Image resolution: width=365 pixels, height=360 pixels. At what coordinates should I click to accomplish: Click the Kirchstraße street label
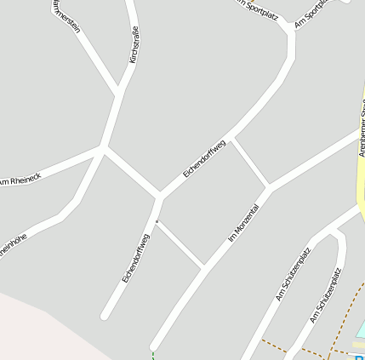coord(134,45)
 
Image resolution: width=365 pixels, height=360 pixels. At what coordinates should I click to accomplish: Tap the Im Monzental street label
coord(243,224)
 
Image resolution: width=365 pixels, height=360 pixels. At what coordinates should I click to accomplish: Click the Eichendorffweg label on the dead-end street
coord(135,258)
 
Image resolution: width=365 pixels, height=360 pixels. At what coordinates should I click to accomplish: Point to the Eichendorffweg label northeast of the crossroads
coord(204,159)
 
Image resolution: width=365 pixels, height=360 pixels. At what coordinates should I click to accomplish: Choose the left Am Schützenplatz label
coord(294,274)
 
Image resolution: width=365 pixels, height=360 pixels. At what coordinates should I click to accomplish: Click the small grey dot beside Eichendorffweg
coord(157,221)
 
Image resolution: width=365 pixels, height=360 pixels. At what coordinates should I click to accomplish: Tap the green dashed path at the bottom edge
coord(153,354)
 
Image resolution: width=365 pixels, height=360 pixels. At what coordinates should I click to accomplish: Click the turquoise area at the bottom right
coord(360,329)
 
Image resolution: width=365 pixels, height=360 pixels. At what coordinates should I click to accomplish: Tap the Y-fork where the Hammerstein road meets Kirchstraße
coord(119,89)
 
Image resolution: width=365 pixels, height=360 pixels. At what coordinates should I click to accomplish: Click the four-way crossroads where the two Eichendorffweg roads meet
coord(159,196)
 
